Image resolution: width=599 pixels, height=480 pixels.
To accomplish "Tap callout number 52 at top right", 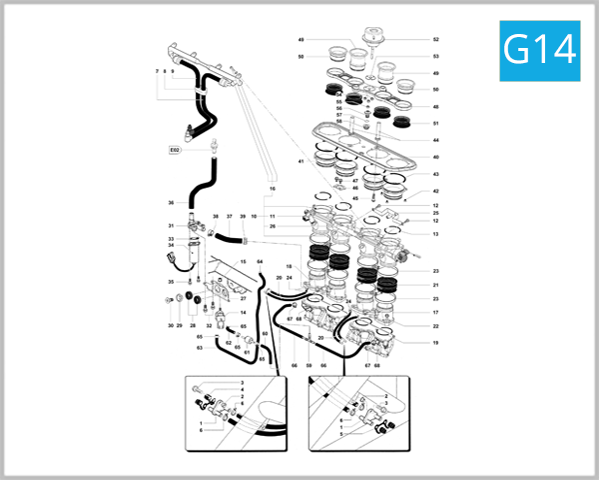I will pos(436,40).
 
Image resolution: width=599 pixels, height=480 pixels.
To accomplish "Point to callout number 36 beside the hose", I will pos(171,203).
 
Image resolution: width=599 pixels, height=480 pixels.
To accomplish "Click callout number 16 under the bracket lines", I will pos(272,188).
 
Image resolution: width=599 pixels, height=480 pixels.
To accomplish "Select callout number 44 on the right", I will pos(436,140).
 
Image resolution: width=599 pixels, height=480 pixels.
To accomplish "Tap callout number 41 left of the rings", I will pos(299,161).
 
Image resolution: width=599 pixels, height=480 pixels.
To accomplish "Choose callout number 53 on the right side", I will pos(436,57).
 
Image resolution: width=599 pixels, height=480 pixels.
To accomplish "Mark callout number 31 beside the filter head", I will pos(171,225).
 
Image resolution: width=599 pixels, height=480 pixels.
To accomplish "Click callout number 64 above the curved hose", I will pos(261,261).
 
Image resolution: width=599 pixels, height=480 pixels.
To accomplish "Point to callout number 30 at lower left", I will pos(171,326).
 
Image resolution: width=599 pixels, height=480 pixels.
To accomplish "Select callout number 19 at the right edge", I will pos(436,343).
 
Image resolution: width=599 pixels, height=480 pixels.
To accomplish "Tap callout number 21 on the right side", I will pos(436,286).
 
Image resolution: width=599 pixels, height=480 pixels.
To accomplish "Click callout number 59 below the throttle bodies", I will pos(309,366).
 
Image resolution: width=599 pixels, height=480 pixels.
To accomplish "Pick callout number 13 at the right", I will pos(436,234).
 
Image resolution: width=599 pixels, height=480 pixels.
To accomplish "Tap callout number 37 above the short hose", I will pos(229,216).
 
